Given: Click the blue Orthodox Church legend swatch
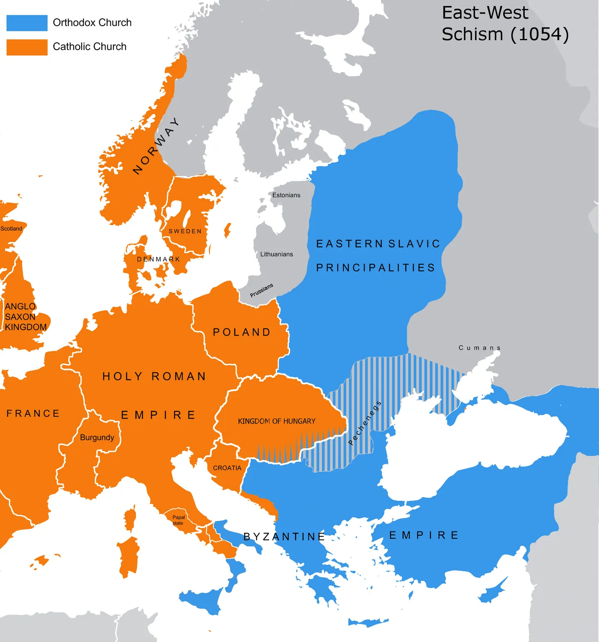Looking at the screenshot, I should pyautogui.click(x=27, y=23).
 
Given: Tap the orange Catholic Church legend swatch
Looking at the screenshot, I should pyautogui.click(x=27, y=47).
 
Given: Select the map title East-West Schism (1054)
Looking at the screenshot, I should pyautogui.click(x=505, y=24).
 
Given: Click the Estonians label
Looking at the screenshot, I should pyautogui.click(x=286, y=195).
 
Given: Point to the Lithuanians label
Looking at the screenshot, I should pyautogui.click(x=277, y=254).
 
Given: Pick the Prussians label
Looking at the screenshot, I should pyautogui.click(x=261, y=290).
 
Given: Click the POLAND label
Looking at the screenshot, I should pyautogui.click(x=242, y=332).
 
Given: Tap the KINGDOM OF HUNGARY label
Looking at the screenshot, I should pyautogui.click(x=277, y=421).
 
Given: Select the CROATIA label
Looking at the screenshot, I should pyautogui.click(x=227, y=468).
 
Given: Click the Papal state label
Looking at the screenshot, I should pyautogui.click(x=178, y=520).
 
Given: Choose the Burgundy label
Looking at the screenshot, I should pyautogui.click(x=97, y=437).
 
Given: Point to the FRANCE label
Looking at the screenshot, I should pyautogui.click(x=33, y=413).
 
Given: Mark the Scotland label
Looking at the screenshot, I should pyautogui.click(x=11, y=229).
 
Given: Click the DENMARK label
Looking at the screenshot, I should pyautogui.click(x=159, y=259).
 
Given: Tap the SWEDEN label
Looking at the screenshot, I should pyautogui.click(x=185, y=231).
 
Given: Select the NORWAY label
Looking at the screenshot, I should pyautogui.click(x=156, y=146).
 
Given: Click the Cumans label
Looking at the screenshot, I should pyautogui.click(x=479, y=348).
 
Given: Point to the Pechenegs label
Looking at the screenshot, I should pyautogui.click(x=364, y=423).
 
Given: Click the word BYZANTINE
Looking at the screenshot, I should pyautogui.click(x=284, y=537).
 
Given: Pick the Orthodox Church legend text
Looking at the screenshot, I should pyautogui.click(x=92, y=23).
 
